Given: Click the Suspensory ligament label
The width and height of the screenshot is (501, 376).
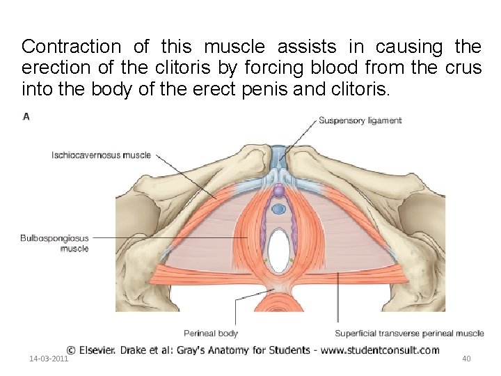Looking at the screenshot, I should coord(360,120).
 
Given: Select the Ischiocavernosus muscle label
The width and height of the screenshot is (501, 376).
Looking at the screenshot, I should coord(101,155).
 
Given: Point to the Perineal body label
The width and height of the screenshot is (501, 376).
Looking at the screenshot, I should coord(211,334).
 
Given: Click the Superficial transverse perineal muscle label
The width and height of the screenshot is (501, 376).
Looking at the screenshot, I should coord(409,334).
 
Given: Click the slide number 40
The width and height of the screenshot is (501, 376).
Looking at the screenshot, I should coord(467,359).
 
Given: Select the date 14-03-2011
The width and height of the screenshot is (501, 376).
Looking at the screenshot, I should coord(49,359).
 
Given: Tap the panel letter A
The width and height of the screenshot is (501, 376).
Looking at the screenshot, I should coord(26,117).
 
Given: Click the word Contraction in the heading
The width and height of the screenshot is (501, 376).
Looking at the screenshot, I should coord(71,47).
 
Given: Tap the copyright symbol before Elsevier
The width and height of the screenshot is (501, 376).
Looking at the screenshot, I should coord(71,350).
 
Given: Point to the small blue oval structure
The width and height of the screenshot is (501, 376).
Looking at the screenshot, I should coord(278,208).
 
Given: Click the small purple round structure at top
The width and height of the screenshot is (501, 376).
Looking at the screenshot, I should coord(278,190).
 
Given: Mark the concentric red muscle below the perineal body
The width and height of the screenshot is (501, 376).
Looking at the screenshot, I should coord(278,304).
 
